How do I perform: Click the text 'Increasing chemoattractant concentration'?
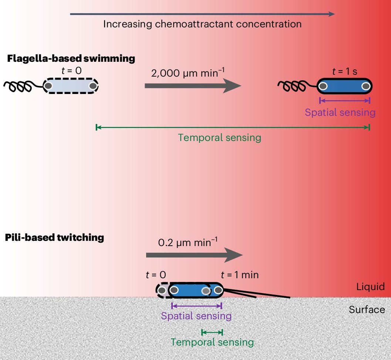(x=202, y=24)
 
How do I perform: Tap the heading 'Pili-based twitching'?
(x=55, y=237)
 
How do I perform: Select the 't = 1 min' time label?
(x=240, y=275)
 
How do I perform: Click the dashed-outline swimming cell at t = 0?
(x=71, y=86)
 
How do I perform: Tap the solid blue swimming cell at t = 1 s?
(x=344, y=87)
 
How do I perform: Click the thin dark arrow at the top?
(x=202, y=14)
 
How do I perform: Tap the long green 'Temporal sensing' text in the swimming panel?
(x=219, y=138)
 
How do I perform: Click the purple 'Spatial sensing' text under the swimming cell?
(x=340, y=112)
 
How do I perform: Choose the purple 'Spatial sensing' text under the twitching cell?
(x=196, y=316)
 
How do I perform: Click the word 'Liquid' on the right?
(x=371, y=287)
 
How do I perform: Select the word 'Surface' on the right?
(x=367, y=309)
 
